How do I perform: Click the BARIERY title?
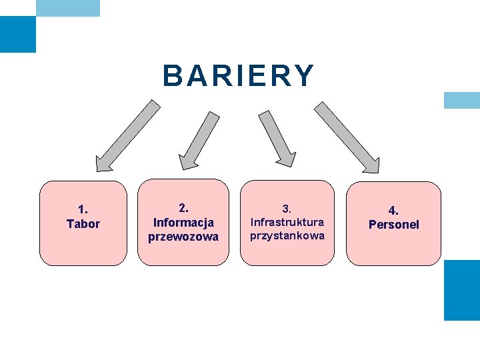238,76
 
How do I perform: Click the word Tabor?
83,224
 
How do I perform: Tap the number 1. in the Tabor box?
83,210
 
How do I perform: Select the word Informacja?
183,222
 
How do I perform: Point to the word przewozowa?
183,237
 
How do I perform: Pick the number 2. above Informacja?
183,208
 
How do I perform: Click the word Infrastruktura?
287,222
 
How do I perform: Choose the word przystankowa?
287,235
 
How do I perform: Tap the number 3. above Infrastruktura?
287,209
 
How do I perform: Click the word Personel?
394,225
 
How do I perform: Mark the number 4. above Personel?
394,211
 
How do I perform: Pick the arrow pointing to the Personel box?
347,137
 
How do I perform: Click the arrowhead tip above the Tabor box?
99,167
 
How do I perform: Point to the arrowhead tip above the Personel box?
375,169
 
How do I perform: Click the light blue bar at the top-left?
67,8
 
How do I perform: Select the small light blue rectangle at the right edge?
462,100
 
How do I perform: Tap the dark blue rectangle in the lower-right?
462,290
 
